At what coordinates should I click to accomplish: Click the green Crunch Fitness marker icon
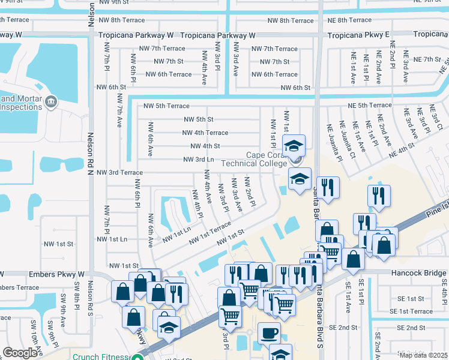pos(139,356)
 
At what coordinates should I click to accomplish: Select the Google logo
pos(20,353)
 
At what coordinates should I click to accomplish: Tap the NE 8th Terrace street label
pos(350,20)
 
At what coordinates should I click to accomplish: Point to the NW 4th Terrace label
pos(205,133)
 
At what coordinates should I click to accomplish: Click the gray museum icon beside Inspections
pos(50,101)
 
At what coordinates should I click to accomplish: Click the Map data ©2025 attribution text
pos(423,355)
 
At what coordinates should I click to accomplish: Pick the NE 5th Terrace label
pos(369,105)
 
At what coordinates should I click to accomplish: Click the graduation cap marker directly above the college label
pos(294,146)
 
